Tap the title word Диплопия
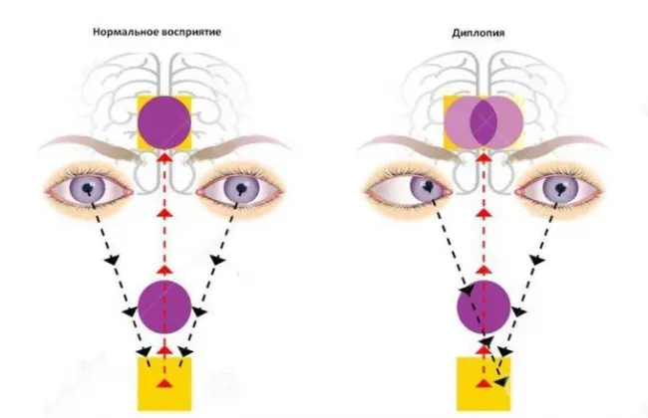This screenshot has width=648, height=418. [479, 33]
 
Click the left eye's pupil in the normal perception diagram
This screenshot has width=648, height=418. [88, 188]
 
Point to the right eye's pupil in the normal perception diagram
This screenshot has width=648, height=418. [241, 188]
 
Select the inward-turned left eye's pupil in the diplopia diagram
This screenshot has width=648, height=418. [429, 186]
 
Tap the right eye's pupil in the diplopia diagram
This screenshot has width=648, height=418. [560, 189]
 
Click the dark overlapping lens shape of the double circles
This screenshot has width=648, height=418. [484, 122]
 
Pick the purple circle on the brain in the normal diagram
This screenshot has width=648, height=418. [164, 122]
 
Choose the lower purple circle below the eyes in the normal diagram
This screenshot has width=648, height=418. [164, 307]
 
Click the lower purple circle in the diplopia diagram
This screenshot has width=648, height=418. [484, 307]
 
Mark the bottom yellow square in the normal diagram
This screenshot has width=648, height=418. [164, 384]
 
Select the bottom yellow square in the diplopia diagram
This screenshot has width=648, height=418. [484, 384]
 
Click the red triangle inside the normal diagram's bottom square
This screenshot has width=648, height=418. [164, 383]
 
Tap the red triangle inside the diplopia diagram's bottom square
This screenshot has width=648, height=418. [484, 383]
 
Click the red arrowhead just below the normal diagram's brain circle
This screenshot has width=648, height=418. [164, 157]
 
